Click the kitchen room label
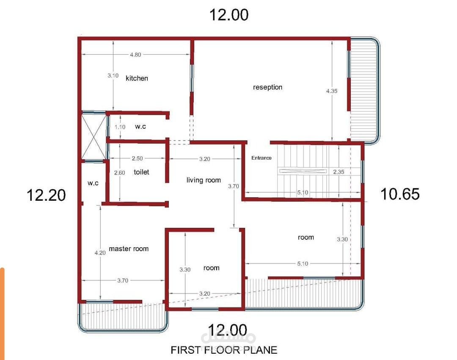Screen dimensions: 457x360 (137, 78)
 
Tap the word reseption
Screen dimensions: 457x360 (267, 87)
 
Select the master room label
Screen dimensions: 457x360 (129, 249)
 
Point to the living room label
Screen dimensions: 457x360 (204, 180)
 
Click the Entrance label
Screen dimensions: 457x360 (262, 158)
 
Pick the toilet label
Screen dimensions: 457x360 (141, 172)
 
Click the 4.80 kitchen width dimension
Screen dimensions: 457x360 (135, 55)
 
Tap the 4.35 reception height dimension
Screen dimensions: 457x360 (332, 91)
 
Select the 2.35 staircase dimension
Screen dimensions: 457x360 (339, 172)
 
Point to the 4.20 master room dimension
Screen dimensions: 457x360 (100, 253)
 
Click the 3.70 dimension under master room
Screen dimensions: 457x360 (123, 280)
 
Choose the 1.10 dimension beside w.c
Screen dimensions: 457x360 (120, 127)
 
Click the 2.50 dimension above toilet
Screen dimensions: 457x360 (137, 158)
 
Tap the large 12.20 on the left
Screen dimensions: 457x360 (46, 195)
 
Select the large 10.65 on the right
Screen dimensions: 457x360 (400, 194)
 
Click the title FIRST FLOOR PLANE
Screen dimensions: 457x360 (224, 350)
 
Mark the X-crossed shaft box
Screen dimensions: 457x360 (93, 137)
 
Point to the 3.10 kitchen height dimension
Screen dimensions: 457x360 (113, 75)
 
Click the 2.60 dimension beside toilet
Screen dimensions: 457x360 (119, 173)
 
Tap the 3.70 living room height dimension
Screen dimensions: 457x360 (234, 186)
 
